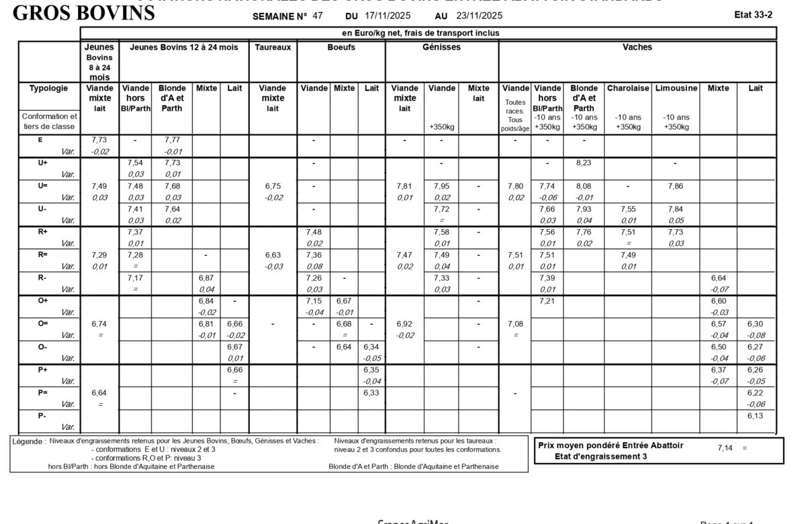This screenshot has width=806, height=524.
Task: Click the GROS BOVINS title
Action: click(84, 13)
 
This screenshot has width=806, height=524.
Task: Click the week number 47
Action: click(318, 15)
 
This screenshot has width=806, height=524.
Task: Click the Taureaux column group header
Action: click(273, 48)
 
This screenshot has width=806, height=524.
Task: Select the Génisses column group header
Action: click(441, 48)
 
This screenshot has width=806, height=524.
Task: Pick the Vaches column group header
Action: click(637, 48)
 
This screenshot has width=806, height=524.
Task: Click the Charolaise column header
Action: click(628, 88)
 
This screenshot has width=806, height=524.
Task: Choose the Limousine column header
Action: click(676, 88)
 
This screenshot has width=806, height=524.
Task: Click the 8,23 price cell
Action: click(584, 163)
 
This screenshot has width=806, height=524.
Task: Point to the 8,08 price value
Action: click(584, 186)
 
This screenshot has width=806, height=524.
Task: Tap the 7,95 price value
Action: click(441, 186)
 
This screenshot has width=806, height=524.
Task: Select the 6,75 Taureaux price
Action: click(273, 186)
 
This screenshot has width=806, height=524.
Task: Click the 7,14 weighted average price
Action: click(725, 448)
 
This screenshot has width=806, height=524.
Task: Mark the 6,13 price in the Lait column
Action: click(756, 416)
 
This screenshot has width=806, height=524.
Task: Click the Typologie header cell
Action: click(48, 88)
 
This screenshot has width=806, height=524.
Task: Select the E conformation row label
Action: click(40, 140)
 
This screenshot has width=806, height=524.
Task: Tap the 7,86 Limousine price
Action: click(676, 186)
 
